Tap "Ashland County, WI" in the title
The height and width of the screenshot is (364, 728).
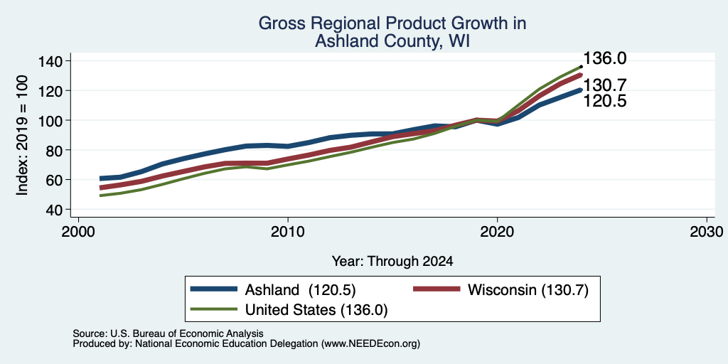coord(392,41)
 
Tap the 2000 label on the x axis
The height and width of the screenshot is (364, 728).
coord(78,231)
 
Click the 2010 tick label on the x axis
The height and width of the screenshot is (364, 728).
coord(288,231)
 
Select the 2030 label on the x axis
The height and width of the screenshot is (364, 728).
coord(707,231)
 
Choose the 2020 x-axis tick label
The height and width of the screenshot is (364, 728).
coord(497,231)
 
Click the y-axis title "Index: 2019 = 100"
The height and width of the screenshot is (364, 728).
coord(22,135)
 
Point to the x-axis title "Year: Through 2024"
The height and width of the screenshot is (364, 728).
coord(392,262)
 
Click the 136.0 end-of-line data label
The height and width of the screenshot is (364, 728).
coord(605,58)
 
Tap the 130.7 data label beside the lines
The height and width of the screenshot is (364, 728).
coord(605,85)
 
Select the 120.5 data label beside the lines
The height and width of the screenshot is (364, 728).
coord(605,101)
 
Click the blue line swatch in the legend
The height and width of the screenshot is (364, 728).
coord(213,289)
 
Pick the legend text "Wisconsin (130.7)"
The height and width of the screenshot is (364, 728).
coord(528,290)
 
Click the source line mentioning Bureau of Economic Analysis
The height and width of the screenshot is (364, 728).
coord(168,333)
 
